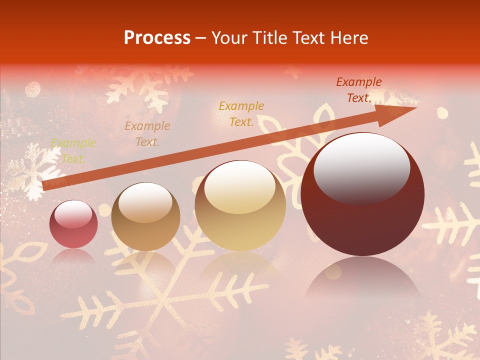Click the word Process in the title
click(157, 38)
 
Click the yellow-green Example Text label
click(73, 151)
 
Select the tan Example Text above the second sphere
click(147, 134)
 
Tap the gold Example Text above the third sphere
click(241, 113)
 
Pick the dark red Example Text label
click(358, 90)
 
